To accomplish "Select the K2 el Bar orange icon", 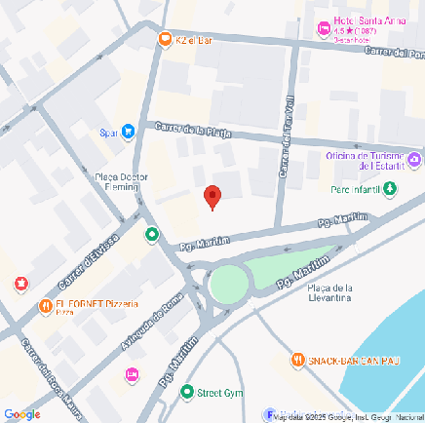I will [x=165, y=40].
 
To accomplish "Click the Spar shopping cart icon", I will [x=128, y=133].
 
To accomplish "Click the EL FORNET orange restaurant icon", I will [x=45, y=306].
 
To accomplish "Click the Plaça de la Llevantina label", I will [x=328, y=292].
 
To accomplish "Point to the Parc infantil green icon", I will [x=390, y=189].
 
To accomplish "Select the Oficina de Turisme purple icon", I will [x=414, y=159].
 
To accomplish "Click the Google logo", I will [x=21, y=413].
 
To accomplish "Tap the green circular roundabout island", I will [x=229, y=285].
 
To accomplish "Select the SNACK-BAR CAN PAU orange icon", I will [x=298, y=361].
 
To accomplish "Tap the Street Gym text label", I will [x=218, y=393].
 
